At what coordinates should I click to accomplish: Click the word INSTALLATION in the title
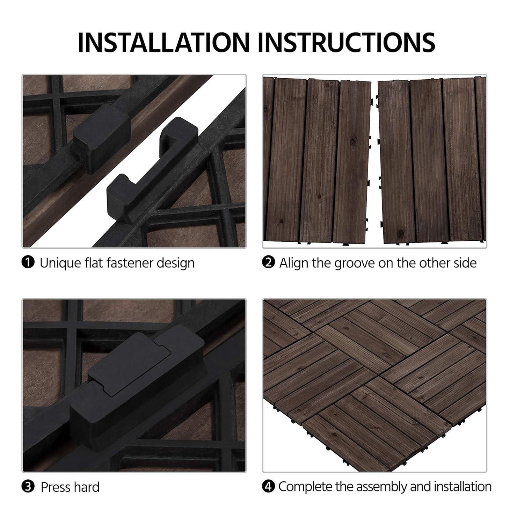[x=163, y=42]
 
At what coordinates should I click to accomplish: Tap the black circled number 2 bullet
[x=268, y=262]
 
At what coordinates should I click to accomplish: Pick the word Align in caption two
[x=294, y=263]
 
